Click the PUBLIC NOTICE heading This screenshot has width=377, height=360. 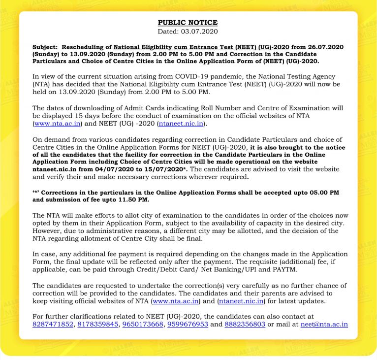coord(187,23)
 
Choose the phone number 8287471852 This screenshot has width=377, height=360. coord(53,325)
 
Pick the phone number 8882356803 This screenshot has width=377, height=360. coord(245,325)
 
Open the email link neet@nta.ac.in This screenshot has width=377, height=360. coord(324,325)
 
